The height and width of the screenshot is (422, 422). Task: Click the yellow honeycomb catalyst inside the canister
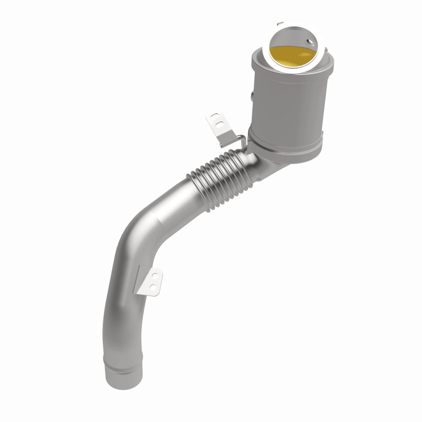coord(293,55)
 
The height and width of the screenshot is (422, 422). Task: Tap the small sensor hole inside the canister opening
coord(302,39)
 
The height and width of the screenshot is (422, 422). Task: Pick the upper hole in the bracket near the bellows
coord(214,116)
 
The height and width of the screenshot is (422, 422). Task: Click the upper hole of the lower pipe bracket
coord(156,274)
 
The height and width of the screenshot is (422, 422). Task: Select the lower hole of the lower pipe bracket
coord(153,287)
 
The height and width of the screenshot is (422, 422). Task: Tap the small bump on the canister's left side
coord(253,95)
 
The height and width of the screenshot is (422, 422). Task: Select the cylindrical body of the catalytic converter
coord(287,105)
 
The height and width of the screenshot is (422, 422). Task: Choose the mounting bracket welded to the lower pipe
coord(150,280)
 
